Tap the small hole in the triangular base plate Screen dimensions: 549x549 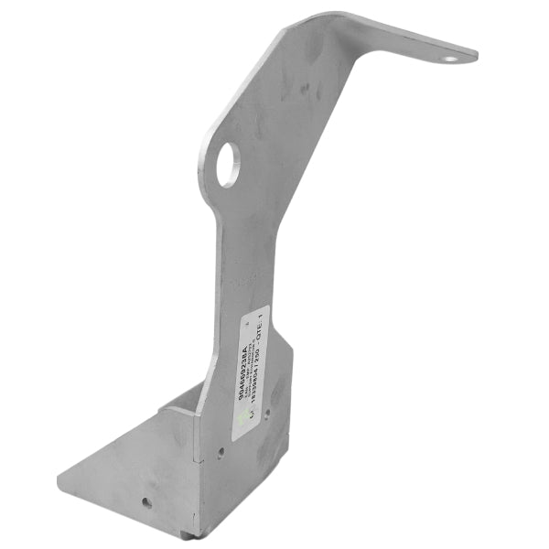pos(145,501)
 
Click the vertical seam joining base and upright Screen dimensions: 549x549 pos(196,467)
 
